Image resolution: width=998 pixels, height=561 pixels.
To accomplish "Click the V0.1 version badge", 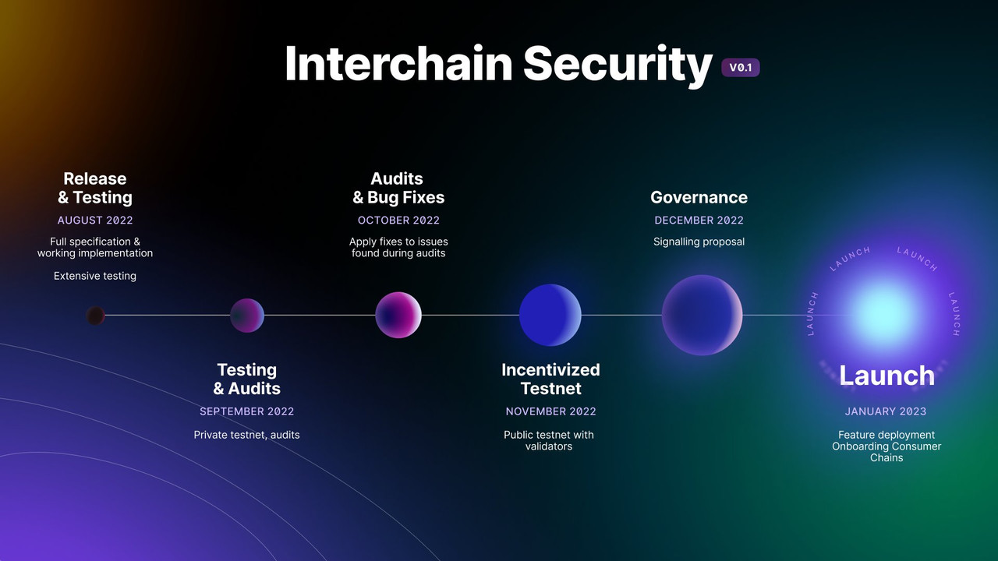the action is tap(740, 68).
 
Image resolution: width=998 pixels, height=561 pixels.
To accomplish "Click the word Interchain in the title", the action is tap(398, 64).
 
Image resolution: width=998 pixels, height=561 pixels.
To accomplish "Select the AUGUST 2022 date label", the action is tap(95, 221).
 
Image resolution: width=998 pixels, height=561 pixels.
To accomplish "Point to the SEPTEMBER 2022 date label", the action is tap(246, 411).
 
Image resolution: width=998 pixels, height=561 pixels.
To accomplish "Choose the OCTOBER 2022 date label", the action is tap(398, 221).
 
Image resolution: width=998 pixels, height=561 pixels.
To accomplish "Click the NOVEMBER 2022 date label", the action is tap(550, 411).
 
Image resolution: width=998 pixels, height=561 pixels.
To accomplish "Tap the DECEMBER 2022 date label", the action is tap(699, 221).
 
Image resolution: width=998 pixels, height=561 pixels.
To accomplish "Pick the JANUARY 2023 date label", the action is tap(886, 411).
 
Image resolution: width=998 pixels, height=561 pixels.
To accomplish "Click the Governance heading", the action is tap(699, 197).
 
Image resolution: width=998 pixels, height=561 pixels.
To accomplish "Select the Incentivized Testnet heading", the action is tap(550, 379).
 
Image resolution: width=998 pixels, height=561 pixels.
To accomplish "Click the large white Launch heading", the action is tap(887, 376).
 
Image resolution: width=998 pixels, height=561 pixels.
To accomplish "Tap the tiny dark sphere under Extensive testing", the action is tap(96, 316).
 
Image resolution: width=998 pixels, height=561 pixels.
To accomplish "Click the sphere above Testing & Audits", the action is tap(247, 316).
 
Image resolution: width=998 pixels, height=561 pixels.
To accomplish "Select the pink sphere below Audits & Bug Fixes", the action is tap(398, 315).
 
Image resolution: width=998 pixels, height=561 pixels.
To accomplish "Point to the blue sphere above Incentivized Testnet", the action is tap(550, 315).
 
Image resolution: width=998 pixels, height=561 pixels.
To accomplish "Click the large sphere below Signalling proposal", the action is tap(702, 315).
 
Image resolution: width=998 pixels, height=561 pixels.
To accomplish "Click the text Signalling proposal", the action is tap(699, 242).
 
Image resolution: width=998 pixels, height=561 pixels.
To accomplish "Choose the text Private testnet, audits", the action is tap(246, 435).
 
